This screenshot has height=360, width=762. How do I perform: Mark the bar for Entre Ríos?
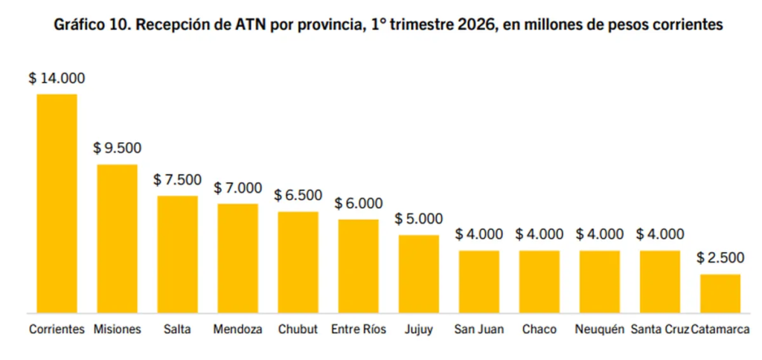[359, 266]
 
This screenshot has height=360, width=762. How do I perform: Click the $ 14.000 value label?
[57, 78]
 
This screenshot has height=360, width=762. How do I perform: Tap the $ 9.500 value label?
[118, 148]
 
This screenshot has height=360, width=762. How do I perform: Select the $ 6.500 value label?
[298, 196]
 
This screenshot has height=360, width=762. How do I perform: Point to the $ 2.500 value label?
[720, 258]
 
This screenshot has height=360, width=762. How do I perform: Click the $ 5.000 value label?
[419, 219]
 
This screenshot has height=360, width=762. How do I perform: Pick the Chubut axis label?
[298, 329]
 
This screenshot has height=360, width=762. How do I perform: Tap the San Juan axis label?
[479, 329]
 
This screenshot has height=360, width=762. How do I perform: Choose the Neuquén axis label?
[600, 329]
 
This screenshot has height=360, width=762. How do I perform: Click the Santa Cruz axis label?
[660, 329]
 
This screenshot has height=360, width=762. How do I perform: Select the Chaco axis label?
[540, 329]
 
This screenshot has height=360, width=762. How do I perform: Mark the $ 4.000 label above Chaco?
[540, 234]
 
